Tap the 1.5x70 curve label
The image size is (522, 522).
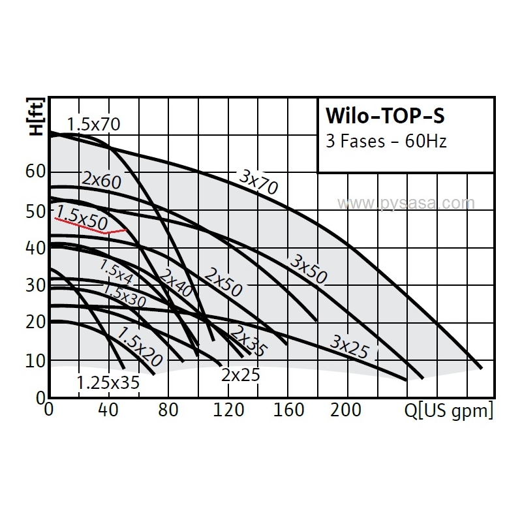pos(94,124)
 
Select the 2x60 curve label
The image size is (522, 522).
pos(102,180)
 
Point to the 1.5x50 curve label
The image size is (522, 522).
pos(82,217)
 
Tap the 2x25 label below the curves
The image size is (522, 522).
pos(240,375)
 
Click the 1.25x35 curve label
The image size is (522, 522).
pos(108,383)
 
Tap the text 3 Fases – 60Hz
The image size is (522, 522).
pos(386,141)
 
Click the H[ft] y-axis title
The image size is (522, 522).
pos(37,116)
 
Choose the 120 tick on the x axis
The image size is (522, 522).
pos(229,410)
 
